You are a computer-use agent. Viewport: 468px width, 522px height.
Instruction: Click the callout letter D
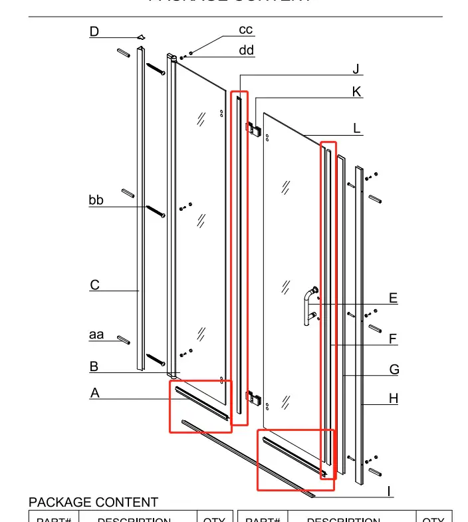pyautogui.click(x=94, y=31)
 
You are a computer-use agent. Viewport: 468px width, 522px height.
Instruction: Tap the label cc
pyautogui.click(x=246, y=30)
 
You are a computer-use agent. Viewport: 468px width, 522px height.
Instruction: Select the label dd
pyautogui.click(x=246, y=51)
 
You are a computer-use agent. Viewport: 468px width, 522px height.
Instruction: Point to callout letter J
pyautogui.click(x=356, y=70)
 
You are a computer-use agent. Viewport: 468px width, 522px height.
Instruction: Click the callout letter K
pyautogui.click(x=357, y=92)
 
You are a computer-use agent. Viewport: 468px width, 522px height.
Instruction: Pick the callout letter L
pyautogui.click(x=357, y=128)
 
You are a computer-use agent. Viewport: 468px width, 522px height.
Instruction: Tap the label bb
pyautogui.click(x=96, y=200)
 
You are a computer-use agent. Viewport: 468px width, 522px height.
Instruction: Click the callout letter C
pyautogui.click(x=95, y=285)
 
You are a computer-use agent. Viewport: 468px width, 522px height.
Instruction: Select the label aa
pyautogui.click(x=96, y=335)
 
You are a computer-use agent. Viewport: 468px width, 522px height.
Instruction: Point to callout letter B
pyautogui.click(x=94, y=366)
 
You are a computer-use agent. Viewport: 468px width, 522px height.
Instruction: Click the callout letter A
pyautogui.click(x=95, y=393)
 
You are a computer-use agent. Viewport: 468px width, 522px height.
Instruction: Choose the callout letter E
pyautogui.click(x=393, y=299)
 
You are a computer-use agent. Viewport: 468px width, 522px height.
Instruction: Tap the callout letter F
pyautogui.click(x=393, y=339)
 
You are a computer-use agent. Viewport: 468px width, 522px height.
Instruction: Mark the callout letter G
pyautogui.click(x=394, y=370)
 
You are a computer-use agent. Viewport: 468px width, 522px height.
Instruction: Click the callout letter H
pyautogui.click(x=394, y=398)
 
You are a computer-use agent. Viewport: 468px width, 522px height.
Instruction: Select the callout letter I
pyautogui.click(x=390, y=492)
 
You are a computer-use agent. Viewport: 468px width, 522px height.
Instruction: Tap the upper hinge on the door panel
pyautogui.click(x=253, y=127)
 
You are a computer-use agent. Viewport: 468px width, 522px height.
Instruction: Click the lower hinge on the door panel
pyautogui.click(x=253, y=398)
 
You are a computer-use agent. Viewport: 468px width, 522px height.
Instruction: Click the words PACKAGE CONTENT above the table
pyautogui.click(x=93, y=503)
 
